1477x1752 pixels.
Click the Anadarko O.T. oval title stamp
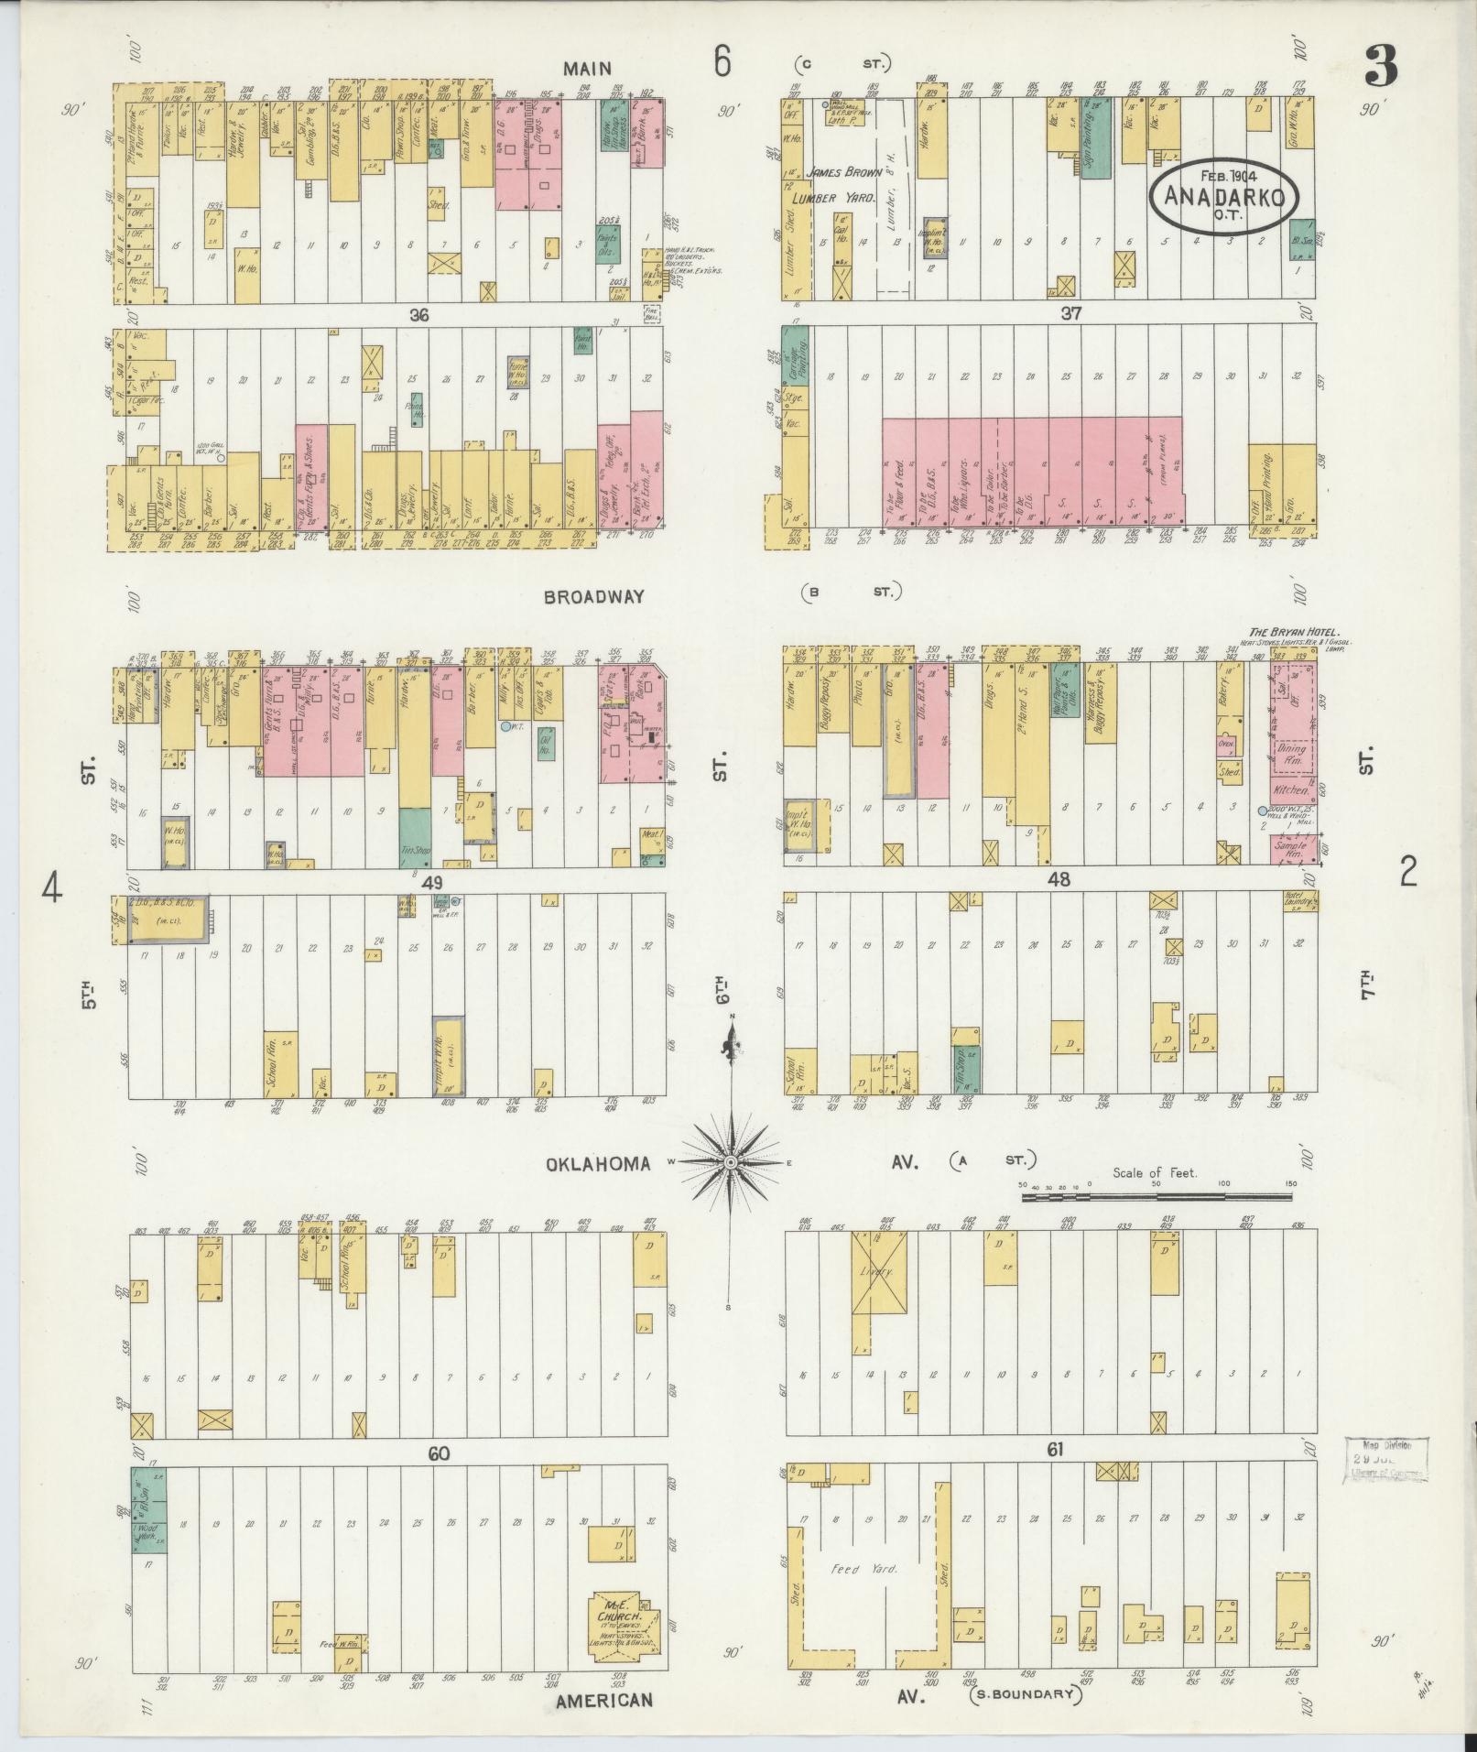click(x=1219, y=198)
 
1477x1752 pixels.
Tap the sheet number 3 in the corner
click(x=1382, y=65)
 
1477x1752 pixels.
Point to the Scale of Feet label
click(x=1155, y=1172)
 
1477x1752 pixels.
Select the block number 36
click(x=419, y=314)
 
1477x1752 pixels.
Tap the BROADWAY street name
click(x=593, y=596)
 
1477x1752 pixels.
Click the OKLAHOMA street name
click(x=598, y=1164)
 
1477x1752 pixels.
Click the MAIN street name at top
click(x=587, y=68)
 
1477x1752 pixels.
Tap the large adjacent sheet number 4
click(x=53, y=887)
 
